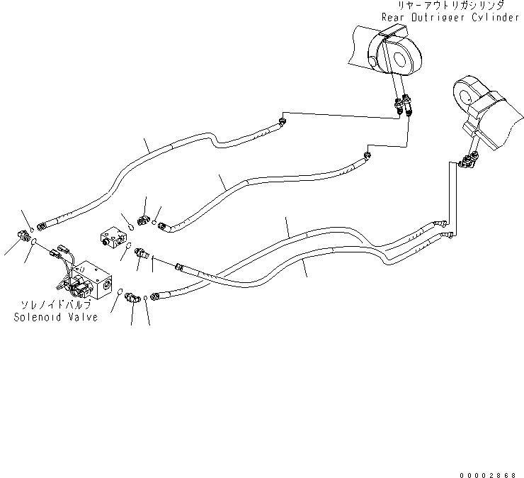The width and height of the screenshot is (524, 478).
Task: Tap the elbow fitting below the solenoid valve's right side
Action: (x=132, y=299)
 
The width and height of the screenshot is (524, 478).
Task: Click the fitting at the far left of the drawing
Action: (x=22, y=235)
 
